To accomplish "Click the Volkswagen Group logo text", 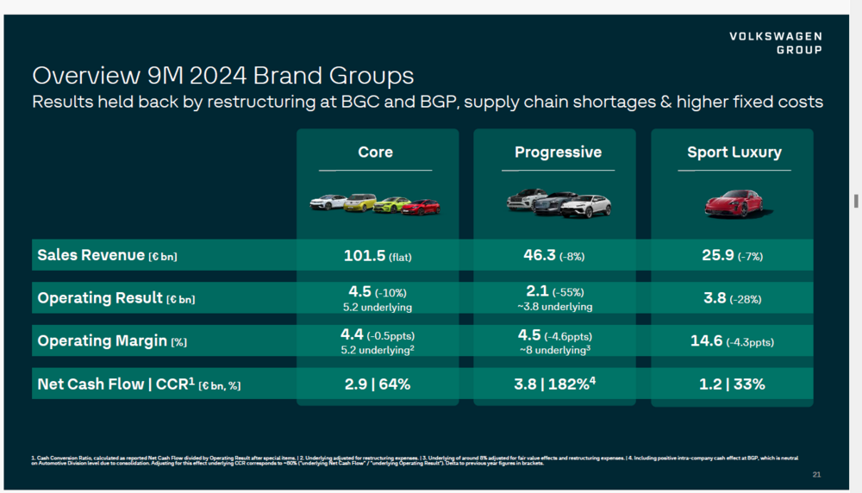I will [x=775, y=43].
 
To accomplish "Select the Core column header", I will [x=375, y=153].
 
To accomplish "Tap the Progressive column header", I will [x=558, y=153].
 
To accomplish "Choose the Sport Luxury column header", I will [x=734, y=153].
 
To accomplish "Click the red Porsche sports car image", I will [x=734, y=203].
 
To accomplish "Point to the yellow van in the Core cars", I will [x=359, y=203].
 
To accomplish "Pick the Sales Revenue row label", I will [x=108, y=255].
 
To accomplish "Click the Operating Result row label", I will [x=116, y=298].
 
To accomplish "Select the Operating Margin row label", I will [x=112, y=341].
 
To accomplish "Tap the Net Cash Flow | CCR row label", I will [x=139, y=384].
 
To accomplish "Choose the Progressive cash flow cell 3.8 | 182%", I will [x=557, y=384].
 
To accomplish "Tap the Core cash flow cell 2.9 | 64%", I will [x=375, y=384].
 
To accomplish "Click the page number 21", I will [x=816, y=475].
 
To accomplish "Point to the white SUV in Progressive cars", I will [x=588, y=205].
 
